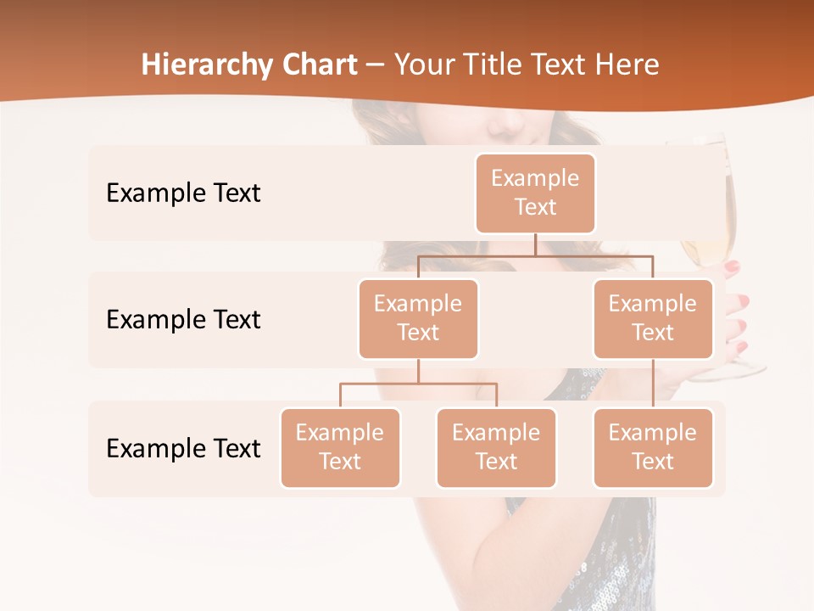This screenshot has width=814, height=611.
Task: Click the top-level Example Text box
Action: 535,193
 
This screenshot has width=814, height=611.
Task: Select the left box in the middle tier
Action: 418,318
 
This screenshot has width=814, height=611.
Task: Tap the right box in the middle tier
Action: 653,318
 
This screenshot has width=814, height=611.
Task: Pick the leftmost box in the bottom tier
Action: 340,447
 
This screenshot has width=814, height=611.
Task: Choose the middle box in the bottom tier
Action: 496,447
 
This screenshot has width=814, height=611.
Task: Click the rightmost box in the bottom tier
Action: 653,447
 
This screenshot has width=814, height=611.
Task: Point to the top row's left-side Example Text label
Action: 183,193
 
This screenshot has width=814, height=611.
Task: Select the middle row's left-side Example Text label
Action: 183,319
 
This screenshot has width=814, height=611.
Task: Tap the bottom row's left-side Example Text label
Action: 183,448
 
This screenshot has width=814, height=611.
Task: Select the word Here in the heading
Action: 626,64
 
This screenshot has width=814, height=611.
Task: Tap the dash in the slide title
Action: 376,65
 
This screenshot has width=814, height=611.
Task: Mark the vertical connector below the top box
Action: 535,244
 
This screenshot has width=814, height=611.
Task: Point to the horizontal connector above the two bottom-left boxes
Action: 418,384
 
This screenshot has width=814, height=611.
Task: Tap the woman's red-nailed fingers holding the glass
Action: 736,305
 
